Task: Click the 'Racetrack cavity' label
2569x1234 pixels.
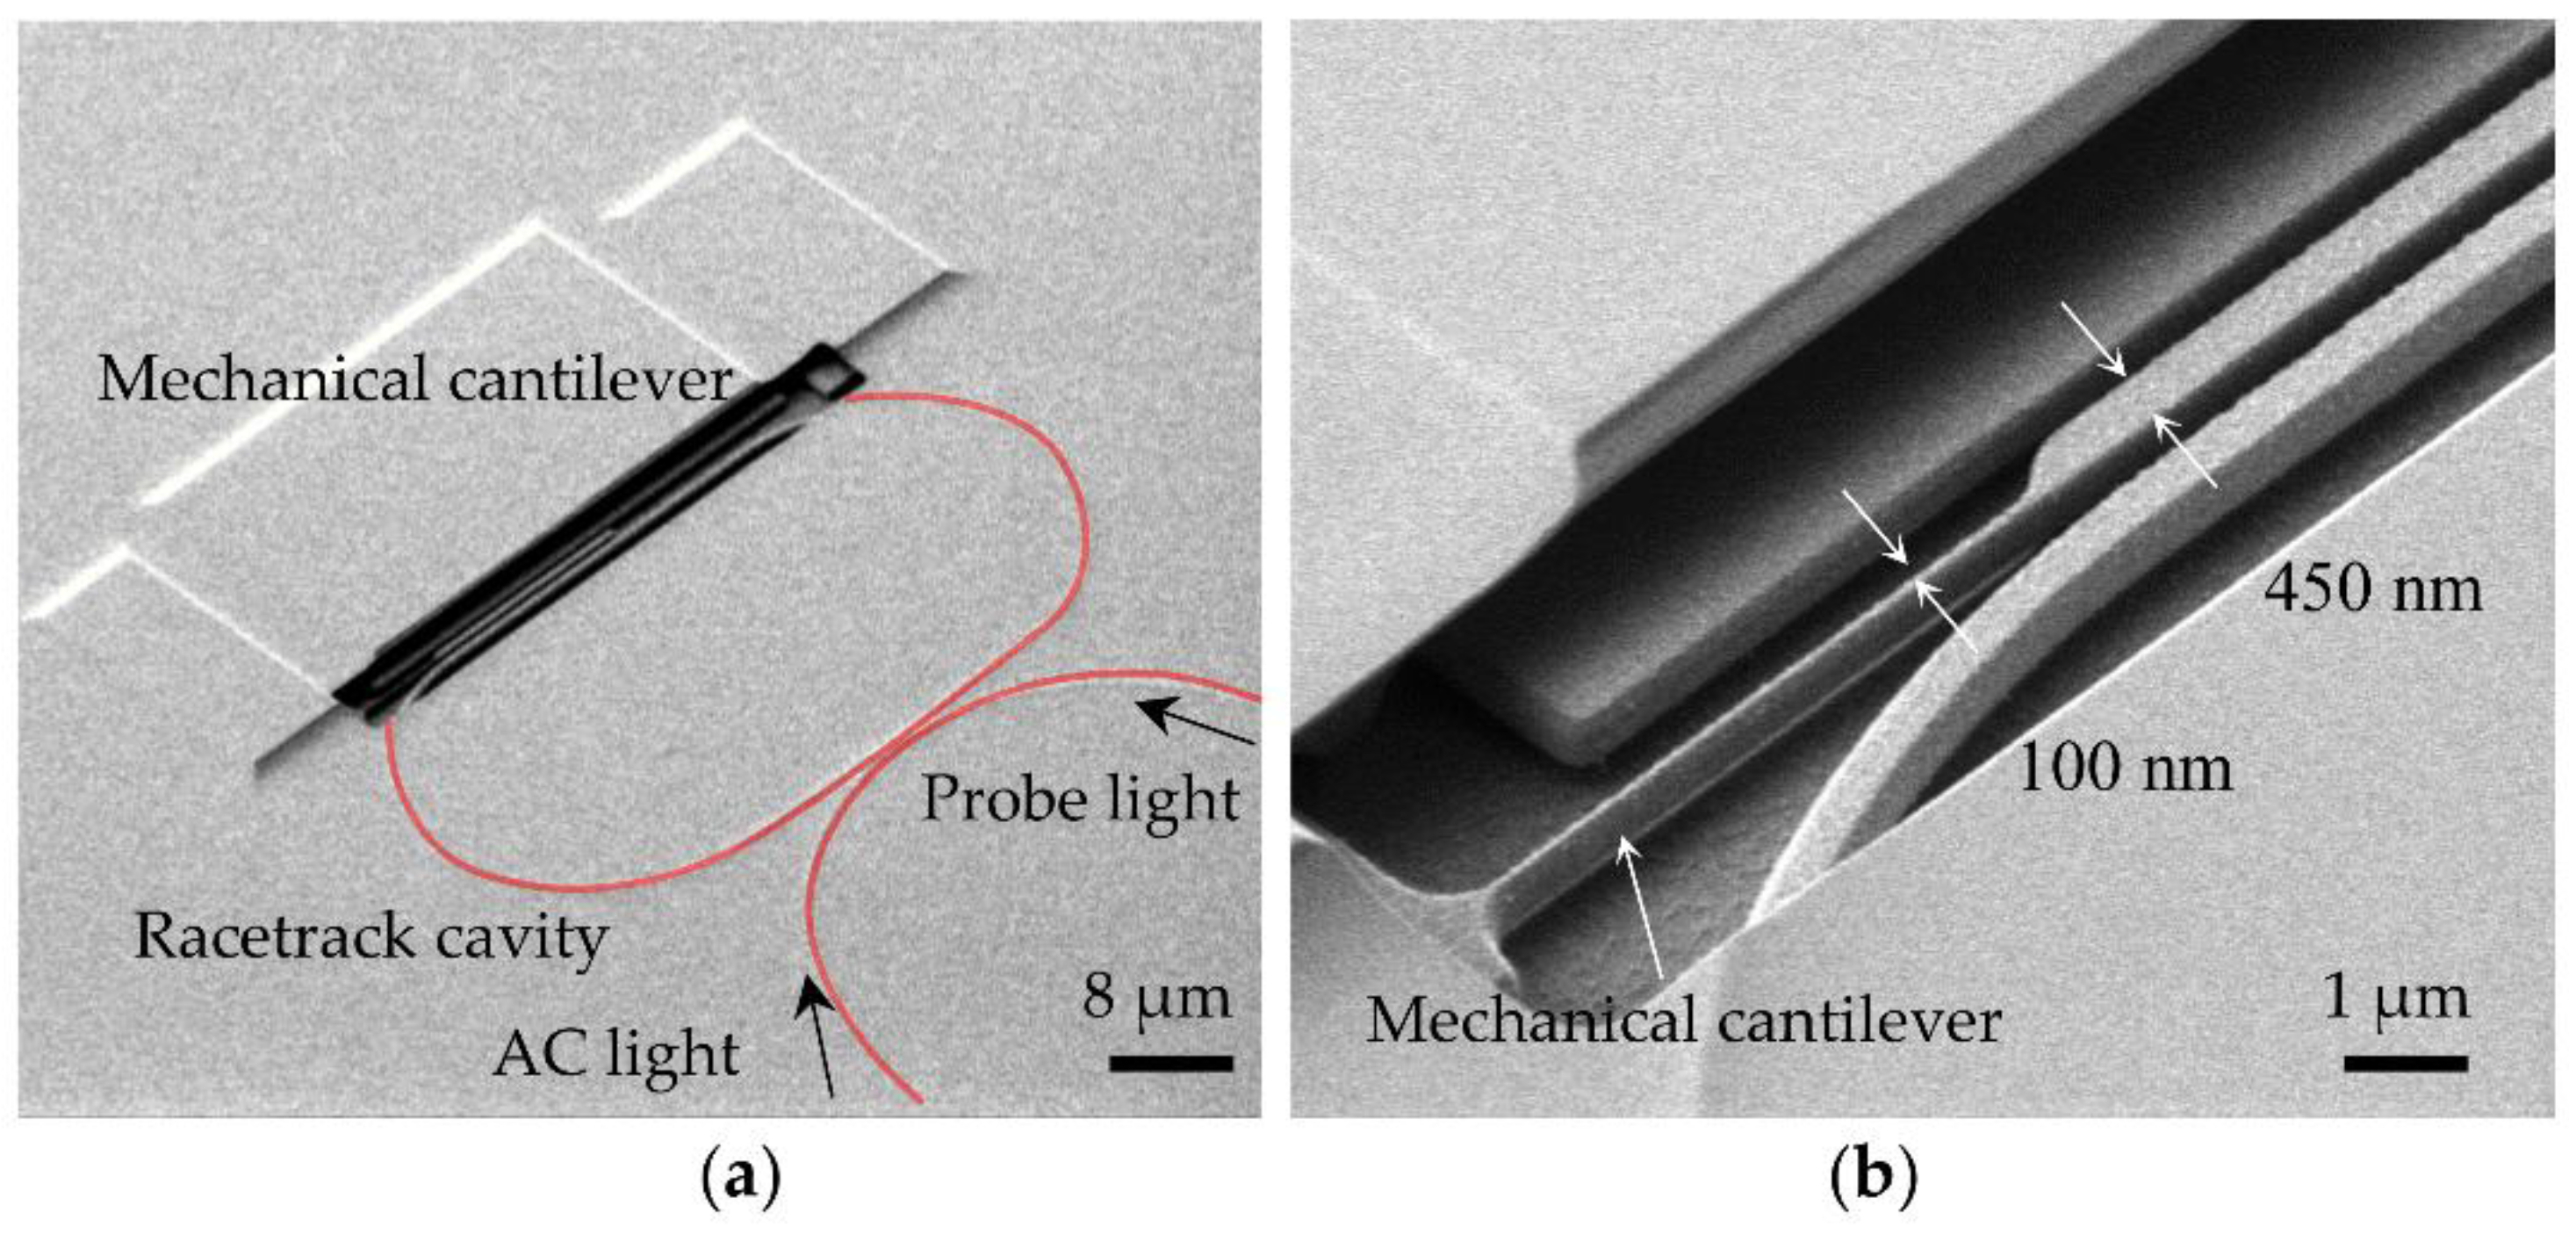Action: (x=371, y=937)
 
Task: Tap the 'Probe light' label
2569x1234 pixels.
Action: (x=1080, y=799)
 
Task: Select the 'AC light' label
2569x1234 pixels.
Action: (x=615, y=1053)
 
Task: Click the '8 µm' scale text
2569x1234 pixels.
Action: (x=1157, y=997)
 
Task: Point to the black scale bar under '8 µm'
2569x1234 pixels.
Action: (x=1171, y=1064)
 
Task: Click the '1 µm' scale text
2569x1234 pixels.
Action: (x=2395, y=997)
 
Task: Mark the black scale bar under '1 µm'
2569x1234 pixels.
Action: (x=2406, y=1064)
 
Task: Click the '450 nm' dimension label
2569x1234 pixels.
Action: (x=2372, y=588)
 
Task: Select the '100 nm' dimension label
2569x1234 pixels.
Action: (x=2124, y=769)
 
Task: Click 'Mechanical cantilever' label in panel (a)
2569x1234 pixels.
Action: (x=415, y=380)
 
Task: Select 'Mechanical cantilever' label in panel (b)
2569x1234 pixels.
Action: (x=1683, y=1021)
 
